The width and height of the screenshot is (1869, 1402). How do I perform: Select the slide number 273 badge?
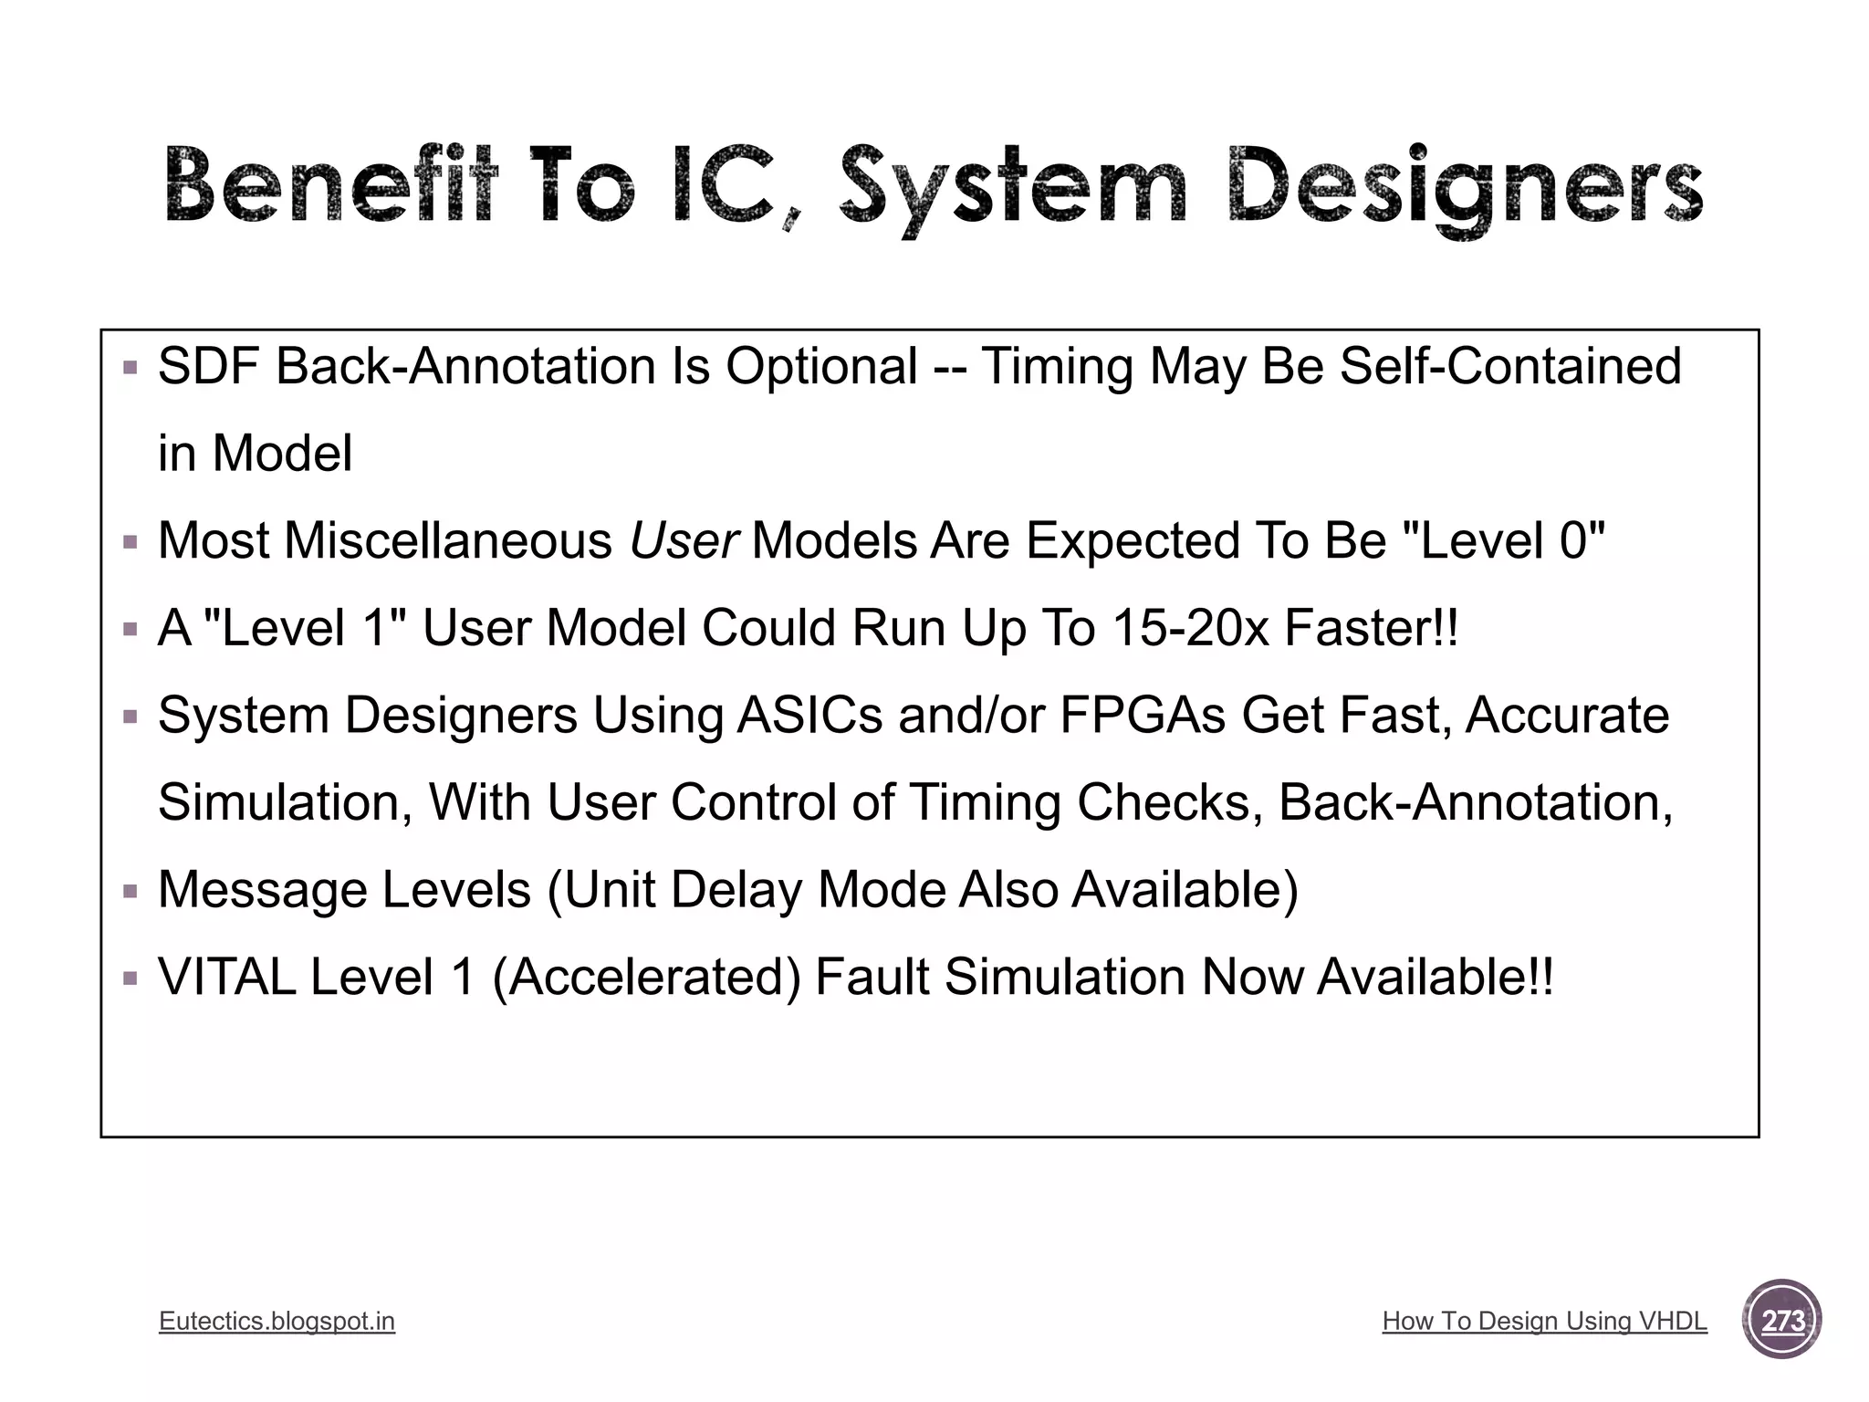1781,1320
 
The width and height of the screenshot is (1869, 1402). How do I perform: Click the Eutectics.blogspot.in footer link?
277,1321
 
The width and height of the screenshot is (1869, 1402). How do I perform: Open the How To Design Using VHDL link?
1544,1321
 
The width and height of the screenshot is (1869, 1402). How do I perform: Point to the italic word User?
684,540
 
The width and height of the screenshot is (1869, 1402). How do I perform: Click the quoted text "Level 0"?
1502,540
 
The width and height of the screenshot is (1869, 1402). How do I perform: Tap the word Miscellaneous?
448,540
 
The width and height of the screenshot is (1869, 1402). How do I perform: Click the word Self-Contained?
1509,367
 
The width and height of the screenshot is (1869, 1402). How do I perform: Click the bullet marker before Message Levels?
131,891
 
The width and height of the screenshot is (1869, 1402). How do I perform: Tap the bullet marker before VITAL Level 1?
131,978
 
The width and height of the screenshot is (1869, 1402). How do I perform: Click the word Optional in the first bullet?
821,367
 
